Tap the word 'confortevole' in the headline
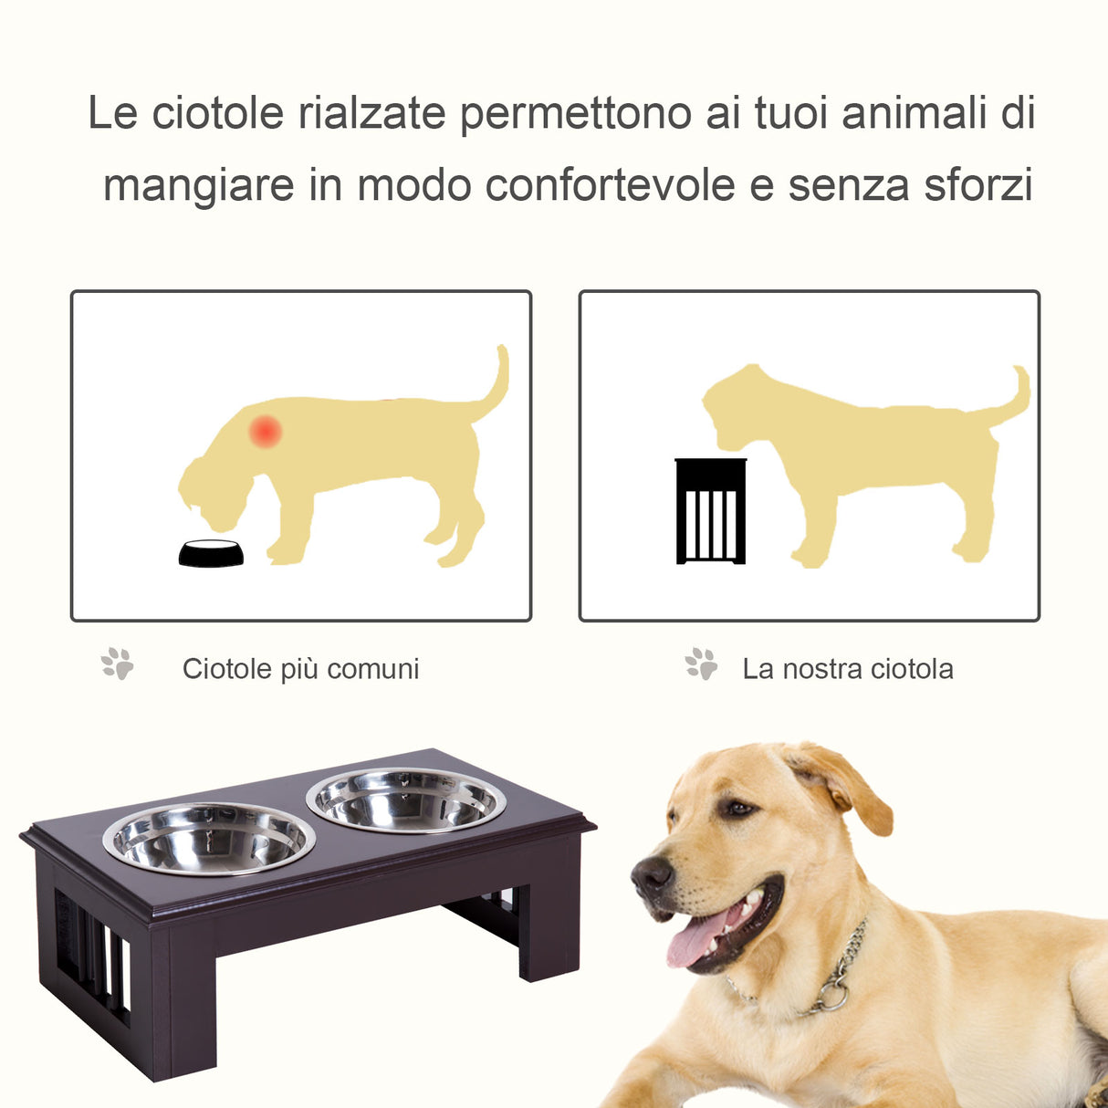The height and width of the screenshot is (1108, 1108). click(610, 185)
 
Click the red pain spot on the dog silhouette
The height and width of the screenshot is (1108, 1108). click(266, 431)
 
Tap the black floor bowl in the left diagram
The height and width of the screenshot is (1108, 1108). click(211, 553)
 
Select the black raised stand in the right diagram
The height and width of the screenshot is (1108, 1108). click(710, 512)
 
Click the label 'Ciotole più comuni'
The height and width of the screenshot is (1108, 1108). click(300, 669)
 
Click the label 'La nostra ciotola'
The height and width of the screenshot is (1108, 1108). click(847, 669)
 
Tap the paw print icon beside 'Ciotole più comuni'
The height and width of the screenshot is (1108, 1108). click(118, 664)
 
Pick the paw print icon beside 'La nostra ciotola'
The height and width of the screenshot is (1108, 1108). click(701, 664)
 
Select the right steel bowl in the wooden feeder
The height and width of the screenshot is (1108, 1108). click(406, 800)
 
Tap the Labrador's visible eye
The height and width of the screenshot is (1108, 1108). click(736, 808)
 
